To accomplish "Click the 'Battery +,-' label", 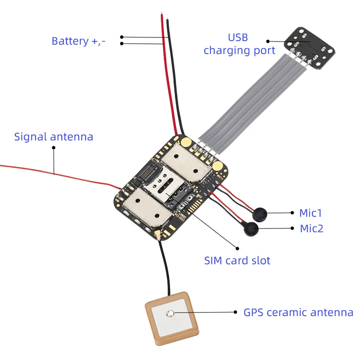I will click(x=78, y=41).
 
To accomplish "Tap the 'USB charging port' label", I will click(x=239, y=44).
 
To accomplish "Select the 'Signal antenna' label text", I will click(x=53, y=137).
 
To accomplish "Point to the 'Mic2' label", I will click(x=312, y=228).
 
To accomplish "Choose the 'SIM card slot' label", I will click(x=237, y=261).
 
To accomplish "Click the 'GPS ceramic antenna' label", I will click(x=298, y=312).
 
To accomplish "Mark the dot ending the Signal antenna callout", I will click(x=54, y=147).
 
